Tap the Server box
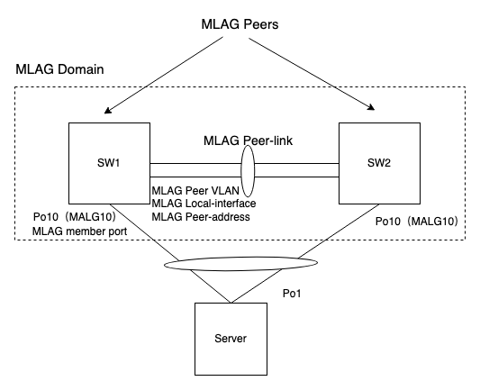(231, 338)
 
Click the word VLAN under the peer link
(230, 191)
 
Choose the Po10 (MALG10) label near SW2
(417, 221)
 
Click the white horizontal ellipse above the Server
(240, 264)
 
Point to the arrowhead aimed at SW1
(107, 113)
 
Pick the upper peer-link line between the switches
(198, 163)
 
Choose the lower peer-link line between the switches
(198, 178)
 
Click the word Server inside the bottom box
(231, 339)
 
